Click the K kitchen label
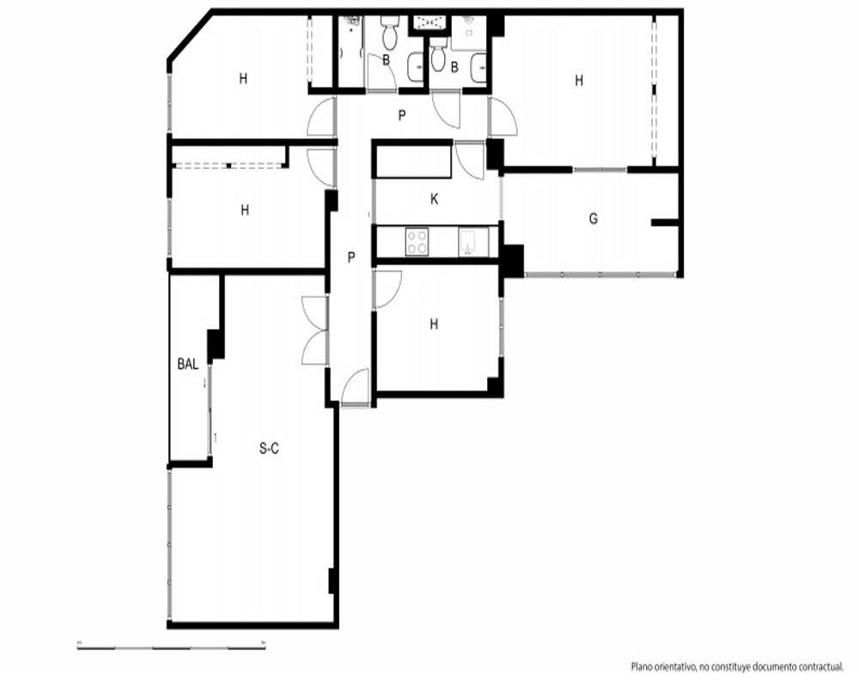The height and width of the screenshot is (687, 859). point(434,199)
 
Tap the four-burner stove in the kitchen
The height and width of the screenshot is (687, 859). point(417,241)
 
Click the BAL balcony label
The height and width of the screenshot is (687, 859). point(188,364)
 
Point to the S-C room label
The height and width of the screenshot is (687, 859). point(269,448)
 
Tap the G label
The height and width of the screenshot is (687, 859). point(594,219)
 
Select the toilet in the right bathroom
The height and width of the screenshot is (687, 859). point(437,54)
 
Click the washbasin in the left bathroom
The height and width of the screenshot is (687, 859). point(416,67)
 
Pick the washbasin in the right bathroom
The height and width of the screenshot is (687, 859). point(478,68)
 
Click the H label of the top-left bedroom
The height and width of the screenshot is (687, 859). point(243,79)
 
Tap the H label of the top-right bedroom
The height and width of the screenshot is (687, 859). point(579,81)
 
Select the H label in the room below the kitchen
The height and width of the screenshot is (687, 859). point(434,325)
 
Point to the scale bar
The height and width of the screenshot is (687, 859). point(172,647)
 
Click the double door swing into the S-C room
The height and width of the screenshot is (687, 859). point(314,331)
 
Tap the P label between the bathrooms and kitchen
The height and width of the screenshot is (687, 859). point(402,116)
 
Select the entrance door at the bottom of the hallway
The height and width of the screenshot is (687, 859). point(355,386)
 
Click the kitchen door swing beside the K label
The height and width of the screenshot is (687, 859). point(470,160)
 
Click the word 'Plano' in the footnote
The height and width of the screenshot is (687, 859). point(642,666)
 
